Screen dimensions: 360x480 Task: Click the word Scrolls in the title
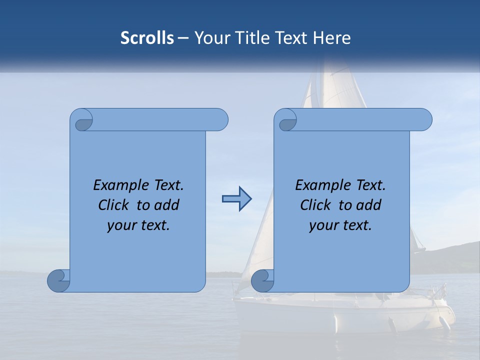click(147, 37)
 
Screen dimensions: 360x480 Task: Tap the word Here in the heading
click(331, 37)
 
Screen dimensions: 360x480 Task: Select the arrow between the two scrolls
click(236, 199)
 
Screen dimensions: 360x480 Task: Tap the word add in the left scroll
click(166, 205)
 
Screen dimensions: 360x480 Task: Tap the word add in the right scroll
click(368, 205)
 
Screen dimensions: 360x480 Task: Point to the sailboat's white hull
click(345, 315)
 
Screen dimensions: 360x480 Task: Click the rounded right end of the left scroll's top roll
click(220, 119)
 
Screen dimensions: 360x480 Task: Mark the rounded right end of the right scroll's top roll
click(424, 119)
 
